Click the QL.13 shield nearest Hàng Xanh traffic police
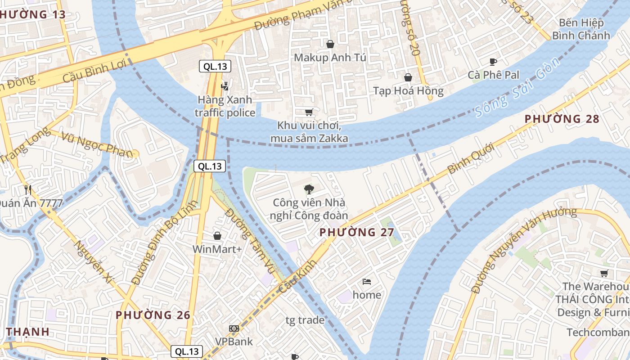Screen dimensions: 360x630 [x=215, y=67]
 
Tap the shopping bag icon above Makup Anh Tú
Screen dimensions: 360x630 [x=330, y=44]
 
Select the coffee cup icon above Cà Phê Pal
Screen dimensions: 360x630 [x=493, y=62]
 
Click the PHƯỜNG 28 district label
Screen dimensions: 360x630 [x=562, y=119]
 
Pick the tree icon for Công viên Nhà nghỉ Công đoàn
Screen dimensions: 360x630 [x=309, y=189]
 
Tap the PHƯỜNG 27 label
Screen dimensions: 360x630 [x=357, y=232]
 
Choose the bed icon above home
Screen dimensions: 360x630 [x=367, y=282]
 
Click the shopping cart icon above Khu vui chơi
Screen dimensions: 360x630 [x=309, y=112]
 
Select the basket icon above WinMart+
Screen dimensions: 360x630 [x=217, y=236]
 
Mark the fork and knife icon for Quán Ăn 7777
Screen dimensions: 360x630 [x=28, y=190]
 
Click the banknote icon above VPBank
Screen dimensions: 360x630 [x=234, y=328]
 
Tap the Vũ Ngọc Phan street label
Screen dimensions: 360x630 [x=98, y=145]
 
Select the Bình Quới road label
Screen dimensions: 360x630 [x=471, y=158]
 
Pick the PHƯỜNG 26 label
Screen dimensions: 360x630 [x=153, y=315]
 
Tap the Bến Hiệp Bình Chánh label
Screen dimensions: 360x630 [x=581, y=29]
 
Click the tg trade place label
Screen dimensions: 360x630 [x=305, y=320]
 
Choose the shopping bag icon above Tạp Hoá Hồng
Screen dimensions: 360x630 [x=408, y=77]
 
